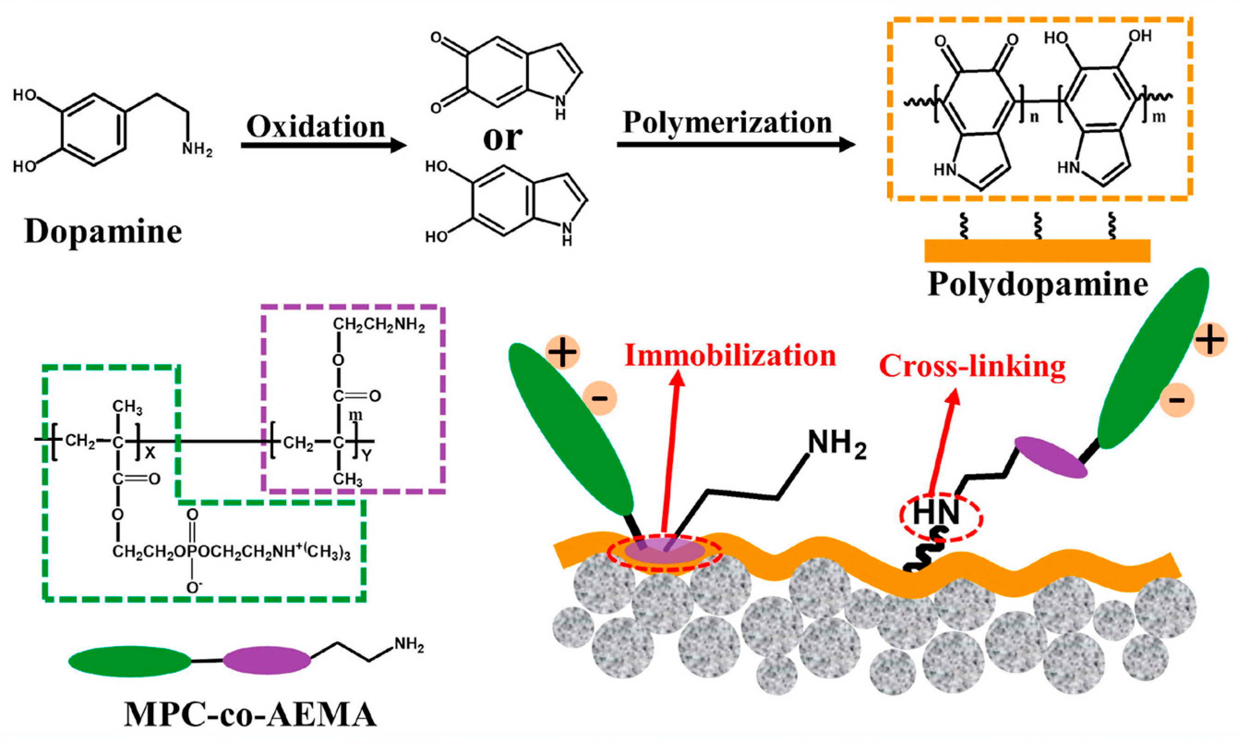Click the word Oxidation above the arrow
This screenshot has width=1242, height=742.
316,127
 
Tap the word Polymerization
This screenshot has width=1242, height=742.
727,122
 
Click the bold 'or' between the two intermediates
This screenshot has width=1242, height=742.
502,138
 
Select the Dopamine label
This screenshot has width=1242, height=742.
103,232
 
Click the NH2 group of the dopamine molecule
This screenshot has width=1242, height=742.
197,149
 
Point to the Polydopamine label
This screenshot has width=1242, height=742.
1038,286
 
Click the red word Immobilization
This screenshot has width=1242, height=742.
730,356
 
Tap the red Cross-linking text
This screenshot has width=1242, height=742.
972,366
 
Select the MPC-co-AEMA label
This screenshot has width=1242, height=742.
250,716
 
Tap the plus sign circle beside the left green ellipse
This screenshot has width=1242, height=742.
563,353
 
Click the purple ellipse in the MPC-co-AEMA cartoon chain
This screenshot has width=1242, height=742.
266,660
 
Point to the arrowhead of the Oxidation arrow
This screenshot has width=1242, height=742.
397,145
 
